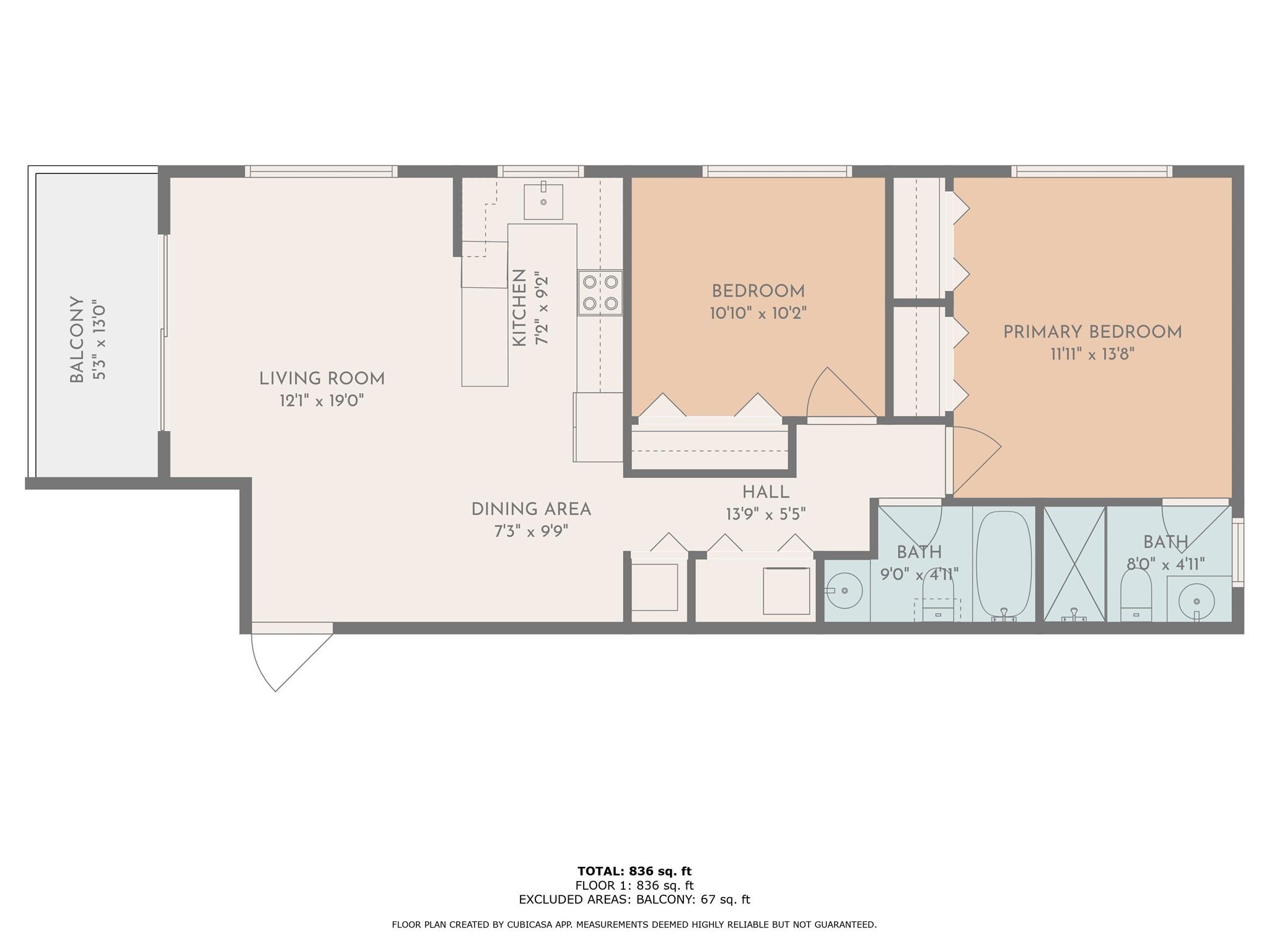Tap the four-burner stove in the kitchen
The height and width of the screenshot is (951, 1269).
(x=600, y=293)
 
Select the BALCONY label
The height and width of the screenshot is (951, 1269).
(x=77, y=339)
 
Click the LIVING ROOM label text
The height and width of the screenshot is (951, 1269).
(x=322, y=379)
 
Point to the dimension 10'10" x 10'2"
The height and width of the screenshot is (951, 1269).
(x=758, y=313)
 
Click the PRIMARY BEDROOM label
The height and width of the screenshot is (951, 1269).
(x=1092, y=332)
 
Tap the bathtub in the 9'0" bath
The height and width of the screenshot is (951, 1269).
(x=1004, y=563)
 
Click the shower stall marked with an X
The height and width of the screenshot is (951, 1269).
(x=1074, y=563)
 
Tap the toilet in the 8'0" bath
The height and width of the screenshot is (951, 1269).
(x=1136, y=594)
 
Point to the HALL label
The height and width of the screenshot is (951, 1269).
(x=766, y=492)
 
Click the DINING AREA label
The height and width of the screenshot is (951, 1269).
(x=531, y=510)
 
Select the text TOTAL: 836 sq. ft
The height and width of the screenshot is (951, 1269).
(x=634, y=872)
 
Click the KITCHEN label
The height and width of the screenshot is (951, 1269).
(x=519, y=308)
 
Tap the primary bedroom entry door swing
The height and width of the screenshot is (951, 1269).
(x=973, y=461)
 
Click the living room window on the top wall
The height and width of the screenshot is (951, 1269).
(x=321, y=172)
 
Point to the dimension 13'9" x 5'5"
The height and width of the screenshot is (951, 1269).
(x=766, y=515)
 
